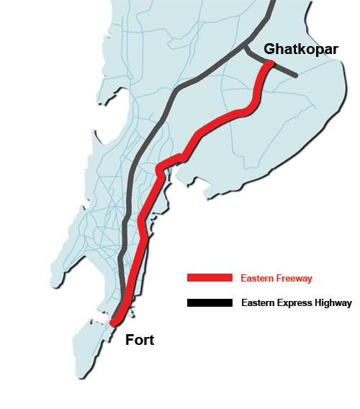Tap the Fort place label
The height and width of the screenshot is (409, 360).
(140, 339)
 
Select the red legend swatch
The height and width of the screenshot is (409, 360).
(210, 278)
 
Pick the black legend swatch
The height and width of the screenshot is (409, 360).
(210, 303)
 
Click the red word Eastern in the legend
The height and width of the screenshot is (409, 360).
(258, 278)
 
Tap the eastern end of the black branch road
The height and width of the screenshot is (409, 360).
(296, 74)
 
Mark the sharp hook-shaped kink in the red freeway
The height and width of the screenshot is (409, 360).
(161, 169)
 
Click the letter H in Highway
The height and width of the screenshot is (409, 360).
(317, 303)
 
